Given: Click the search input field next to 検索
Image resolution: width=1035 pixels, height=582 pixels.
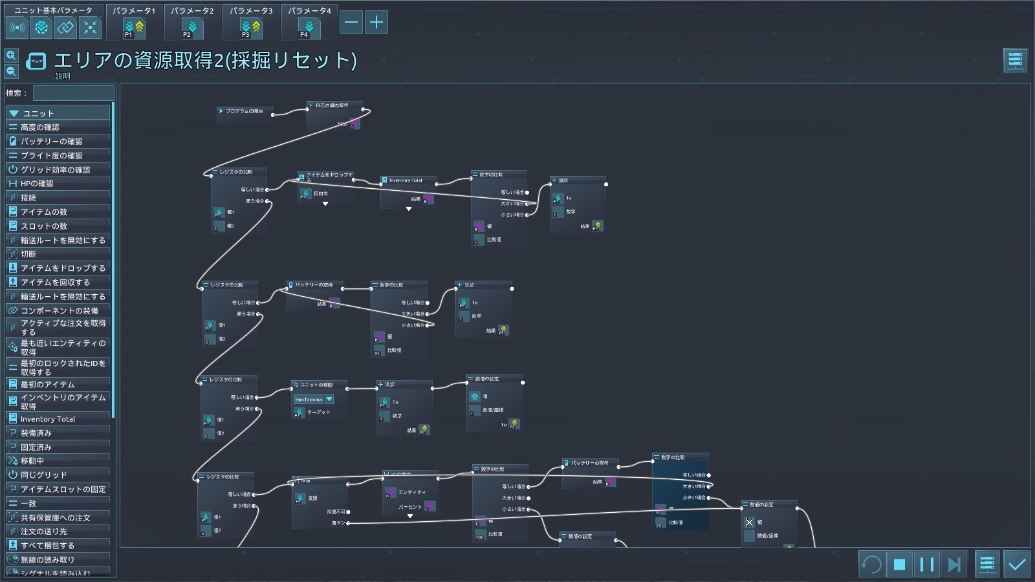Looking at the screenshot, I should [x=74, y=93].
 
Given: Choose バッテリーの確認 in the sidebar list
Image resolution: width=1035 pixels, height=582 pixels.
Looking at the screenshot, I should [x=52, y=141].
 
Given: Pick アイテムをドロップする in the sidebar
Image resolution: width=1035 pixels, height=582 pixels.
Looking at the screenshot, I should [x=63, y=268].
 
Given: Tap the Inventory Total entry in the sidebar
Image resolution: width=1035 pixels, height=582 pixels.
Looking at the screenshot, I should [x=48, y=419].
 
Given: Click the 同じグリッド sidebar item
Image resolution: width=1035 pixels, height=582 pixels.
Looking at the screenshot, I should [x=44, y=475].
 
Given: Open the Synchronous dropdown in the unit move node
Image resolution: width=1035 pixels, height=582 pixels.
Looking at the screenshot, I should [x=329, y=400].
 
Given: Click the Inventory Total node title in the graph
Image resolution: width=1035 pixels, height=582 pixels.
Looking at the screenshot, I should [x=406, y=180].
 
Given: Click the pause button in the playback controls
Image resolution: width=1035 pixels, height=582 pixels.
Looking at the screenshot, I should [x=926, y=565].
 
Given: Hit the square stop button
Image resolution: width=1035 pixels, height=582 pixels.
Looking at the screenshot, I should [x=899, y=565].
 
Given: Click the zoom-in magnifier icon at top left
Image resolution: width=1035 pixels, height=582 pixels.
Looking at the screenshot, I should [x=11, y=56].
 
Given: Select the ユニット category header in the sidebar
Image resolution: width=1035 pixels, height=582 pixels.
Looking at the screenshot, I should [x=39, y=113].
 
